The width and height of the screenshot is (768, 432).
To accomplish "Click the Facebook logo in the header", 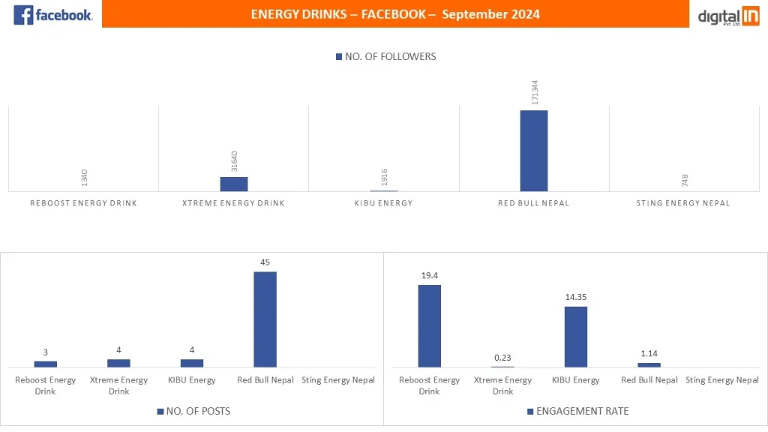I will [x=52, y=14].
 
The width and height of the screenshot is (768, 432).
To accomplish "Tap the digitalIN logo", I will [x=728, y=16].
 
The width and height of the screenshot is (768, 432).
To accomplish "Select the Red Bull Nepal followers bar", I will [x=533, y=151].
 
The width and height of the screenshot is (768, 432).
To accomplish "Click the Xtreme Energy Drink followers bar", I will [x=233, y=184].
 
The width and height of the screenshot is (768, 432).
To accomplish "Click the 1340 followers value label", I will [x=84, y=178].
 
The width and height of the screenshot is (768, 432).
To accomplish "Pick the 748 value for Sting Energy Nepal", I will [x=684, y=180].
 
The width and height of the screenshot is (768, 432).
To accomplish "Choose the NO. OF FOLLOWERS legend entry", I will [x=385, y=56].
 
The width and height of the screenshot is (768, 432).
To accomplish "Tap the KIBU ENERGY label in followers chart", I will [x=383, y=203].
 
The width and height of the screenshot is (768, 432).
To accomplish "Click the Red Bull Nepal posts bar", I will [x=265, y=319].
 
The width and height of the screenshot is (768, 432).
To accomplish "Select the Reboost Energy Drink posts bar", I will [x=46, y=364].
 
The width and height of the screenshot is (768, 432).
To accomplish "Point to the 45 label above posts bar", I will [x=265, y=262].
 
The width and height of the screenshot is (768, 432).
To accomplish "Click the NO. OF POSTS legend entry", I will [x=193, y=411].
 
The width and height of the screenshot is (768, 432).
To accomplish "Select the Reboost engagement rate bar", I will [x=429, y=325].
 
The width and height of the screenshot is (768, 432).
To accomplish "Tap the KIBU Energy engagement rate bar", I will [x=575, y=337].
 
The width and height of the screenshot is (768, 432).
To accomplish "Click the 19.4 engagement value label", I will [x=429, y=276].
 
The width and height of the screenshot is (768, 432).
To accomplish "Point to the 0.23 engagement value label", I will [x=502, y=357].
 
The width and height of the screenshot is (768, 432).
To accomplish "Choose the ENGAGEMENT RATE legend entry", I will [x=577, y=411].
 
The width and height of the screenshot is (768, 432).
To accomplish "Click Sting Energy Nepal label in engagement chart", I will [x=721, y=380].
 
